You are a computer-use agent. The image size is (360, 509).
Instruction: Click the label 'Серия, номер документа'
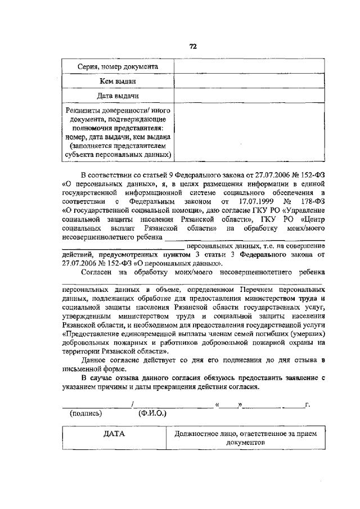(118, 67)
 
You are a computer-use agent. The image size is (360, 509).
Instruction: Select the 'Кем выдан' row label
(118, 82)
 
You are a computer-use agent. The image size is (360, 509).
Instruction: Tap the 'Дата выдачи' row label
(118, 96)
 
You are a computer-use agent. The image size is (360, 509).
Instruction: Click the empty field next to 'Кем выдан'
(249, 82)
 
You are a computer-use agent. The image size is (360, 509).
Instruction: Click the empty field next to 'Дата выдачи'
(249, 96)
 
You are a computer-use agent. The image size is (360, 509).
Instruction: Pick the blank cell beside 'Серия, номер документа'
(249, 67)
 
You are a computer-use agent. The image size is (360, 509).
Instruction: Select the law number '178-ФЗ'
(312, 201)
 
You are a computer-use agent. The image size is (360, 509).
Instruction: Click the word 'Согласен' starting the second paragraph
(97, 272)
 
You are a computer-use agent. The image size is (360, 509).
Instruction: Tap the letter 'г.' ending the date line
(307, 404)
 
